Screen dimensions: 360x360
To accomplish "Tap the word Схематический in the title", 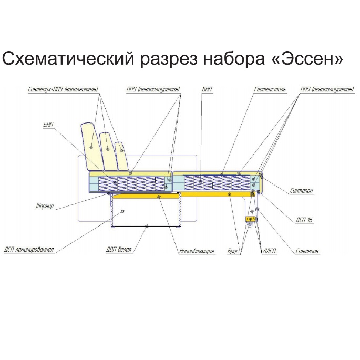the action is coord(68,59).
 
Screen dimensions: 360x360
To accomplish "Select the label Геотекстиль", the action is coord(270,89).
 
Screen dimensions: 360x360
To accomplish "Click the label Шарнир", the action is coord(45,206).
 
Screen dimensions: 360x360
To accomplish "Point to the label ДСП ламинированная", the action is coord(29,250).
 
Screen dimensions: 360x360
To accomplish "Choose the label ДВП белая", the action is coord(119,250).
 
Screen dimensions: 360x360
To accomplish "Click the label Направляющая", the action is coord(197,251).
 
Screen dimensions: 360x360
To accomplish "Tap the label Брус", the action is coord(233,251).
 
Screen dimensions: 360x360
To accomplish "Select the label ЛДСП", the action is coord(269,251).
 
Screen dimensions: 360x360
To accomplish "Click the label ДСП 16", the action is coord(304,220).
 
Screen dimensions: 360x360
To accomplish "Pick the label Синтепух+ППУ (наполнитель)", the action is coord(63,89).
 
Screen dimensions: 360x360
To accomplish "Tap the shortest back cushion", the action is coord(122,157).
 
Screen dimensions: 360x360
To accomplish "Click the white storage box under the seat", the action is coord(146,211).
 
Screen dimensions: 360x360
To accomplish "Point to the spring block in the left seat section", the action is coord(131,183).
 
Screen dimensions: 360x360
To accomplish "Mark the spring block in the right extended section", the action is coord(217,182).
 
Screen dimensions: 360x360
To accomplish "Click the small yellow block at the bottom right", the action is coord(251,219).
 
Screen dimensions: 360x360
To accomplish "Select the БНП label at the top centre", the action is coord(207,89).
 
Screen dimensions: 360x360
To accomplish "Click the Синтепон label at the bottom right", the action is coord(307,251).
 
